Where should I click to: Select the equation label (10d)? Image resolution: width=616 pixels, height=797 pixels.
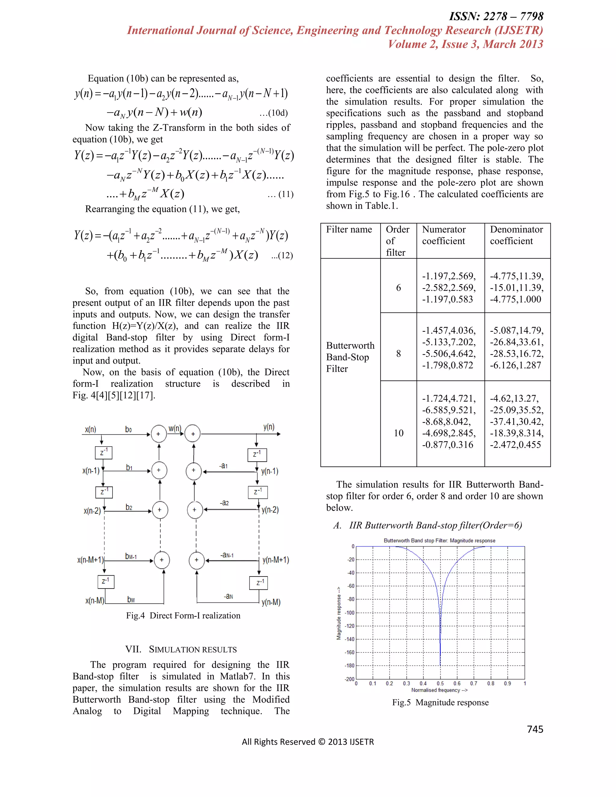274,113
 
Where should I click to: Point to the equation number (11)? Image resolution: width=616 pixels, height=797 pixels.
281,194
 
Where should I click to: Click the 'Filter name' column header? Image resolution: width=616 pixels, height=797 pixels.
349,229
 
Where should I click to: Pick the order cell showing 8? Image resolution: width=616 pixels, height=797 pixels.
398,354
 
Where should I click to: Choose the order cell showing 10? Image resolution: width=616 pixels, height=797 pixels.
398,433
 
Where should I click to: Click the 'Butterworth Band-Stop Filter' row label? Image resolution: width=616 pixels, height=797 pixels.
350,357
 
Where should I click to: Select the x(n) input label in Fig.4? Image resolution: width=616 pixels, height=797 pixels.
91,429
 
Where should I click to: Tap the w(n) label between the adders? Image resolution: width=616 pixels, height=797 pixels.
175,428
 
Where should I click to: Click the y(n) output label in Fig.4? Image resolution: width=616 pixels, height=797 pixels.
269,427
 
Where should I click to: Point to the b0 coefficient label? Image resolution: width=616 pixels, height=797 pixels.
128,429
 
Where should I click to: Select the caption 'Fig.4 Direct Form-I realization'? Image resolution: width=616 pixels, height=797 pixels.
183,616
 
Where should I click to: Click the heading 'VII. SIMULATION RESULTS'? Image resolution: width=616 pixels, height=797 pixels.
181,650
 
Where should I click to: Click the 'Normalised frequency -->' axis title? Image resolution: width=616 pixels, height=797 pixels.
439,690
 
